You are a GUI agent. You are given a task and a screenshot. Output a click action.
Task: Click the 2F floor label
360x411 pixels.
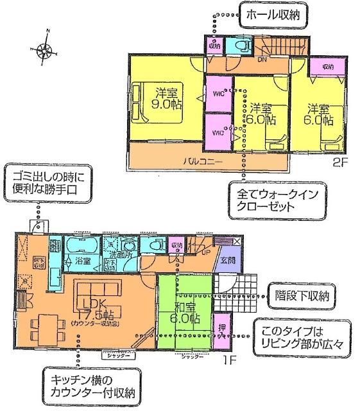click(x=339, y=162)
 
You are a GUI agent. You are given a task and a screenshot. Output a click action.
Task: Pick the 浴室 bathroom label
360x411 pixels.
click(x=81, y=262)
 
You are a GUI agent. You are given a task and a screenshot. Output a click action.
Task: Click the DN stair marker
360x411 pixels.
click(x=261, y=60)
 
